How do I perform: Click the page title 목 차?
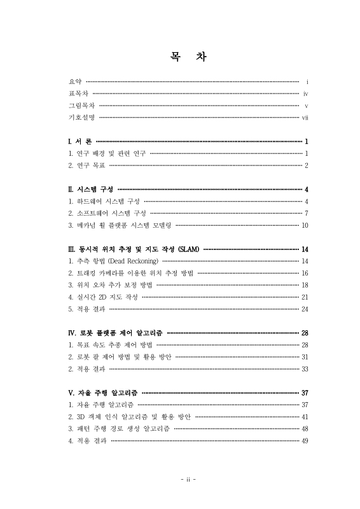[180, 57]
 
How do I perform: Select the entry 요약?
[74, 82]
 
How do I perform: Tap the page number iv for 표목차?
[305, 94]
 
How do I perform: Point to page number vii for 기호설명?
[305, 118]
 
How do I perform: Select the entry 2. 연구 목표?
[87, 165]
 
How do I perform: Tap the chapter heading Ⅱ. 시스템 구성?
[90, 189]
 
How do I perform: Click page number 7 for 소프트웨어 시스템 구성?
[306, 213]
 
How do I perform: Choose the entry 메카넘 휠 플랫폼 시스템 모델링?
[120, 225]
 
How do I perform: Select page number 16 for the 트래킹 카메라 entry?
[305, 273]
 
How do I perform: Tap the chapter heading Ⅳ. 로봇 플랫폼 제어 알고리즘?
[115, 333]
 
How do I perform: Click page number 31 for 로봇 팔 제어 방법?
[305, 357]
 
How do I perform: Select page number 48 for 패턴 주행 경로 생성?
[305, 429]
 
